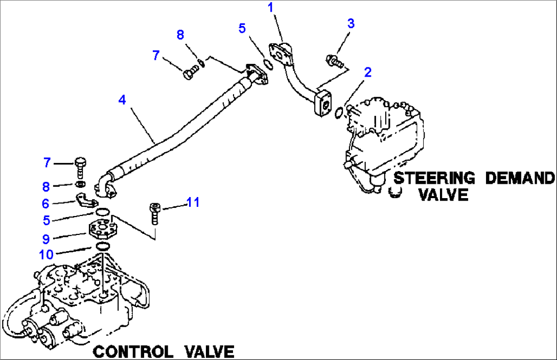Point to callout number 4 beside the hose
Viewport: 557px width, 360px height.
coord(122,100)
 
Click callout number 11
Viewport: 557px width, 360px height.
coord(192,202)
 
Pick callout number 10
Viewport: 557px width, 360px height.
coord(47,254)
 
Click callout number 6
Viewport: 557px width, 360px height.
coord(47,203)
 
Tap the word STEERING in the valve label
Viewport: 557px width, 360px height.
coord(434,178)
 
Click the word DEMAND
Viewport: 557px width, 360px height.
coord(519,178)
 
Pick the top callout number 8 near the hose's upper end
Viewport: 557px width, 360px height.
coord(180,34)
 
